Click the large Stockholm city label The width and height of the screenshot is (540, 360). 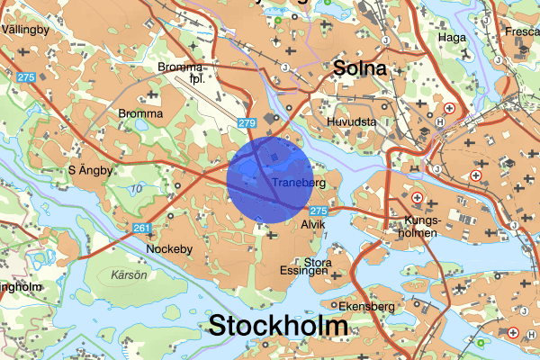(278, 326)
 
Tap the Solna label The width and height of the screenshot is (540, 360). (359, 68)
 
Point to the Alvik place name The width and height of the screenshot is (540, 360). (312, 223)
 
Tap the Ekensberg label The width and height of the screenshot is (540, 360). (367, 306)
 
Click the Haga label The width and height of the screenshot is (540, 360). (451, 37)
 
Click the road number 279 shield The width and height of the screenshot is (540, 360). (247, 121)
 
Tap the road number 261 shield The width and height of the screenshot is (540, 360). (141, 229)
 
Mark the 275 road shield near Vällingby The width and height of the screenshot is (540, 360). (25, 77)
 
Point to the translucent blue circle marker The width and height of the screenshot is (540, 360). (269, 176)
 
